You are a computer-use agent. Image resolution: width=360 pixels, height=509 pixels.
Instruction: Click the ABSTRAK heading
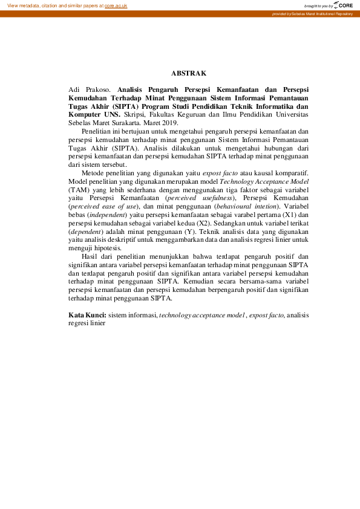pos(189,73)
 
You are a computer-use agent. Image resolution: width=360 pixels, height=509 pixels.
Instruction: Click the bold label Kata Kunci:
pos(87,315)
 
